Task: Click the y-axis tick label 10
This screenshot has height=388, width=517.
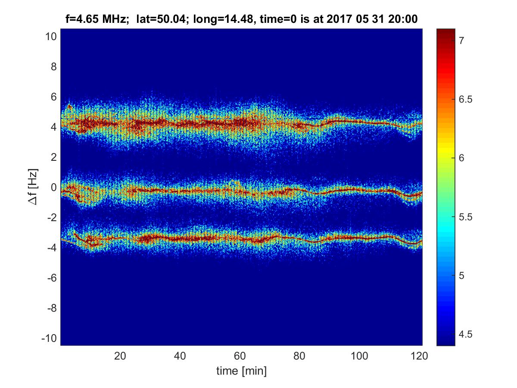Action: tap(51, 37)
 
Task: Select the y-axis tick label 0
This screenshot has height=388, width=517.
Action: tap(53, 188)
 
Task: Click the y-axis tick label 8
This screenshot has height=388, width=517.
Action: tap(53, 67)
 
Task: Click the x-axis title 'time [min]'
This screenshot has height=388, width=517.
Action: tap(241, 370)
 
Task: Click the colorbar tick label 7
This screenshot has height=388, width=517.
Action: tap(461, 41)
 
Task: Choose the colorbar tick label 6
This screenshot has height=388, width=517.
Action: tap(461, 158)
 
